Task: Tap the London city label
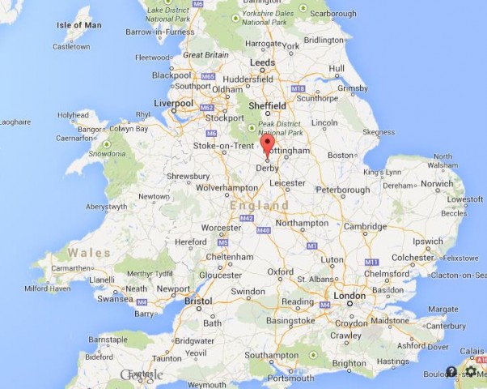pyautogui.click(x=349, y=296)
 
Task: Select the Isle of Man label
pyautogui.click(x=79, y=25)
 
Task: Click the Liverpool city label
pyautogui.click(x=174, y=103)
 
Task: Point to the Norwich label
pyautogui.click(x=436, y=183)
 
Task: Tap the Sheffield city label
pyautogui.click(x=268, y=105)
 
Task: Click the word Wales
pyautogui.click(x=89, y=253)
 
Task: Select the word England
pyautogui.click(x=259, y=206)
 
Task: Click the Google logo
pyautogui.click(x=141, y=374)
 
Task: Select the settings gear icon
pyautogui.click(x=470, y=371)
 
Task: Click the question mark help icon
pyautogui.click(x=451, y=371)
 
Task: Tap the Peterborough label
pyautogui.click(x=342, y=190)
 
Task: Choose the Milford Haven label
pyautogui.click(x=49, y=288)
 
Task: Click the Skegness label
pyautogui.click(x=379, y=132)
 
